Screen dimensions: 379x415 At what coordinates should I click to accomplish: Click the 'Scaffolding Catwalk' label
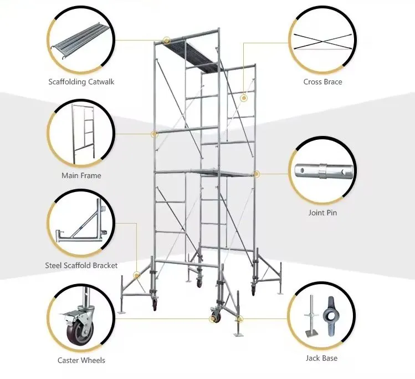(x=81, y=82)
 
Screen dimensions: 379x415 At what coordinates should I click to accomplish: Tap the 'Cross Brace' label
(x=322, y=82)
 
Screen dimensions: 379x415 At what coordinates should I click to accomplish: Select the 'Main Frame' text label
(x=81, y=175)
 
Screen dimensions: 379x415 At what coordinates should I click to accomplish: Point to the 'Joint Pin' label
(x=322, y=213)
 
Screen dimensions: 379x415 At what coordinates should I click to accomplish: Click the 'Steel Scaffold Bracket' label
(x=81, y=265)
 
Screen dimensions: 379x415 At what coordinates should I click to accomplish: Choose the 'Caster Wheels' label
(x=81, y=360)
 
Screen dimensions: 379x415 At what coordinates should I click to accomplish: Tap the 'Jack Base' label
(x=321, y=358)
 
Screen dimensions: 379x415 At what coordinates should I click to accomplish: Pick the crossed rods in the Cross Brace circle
(x=322, y=42)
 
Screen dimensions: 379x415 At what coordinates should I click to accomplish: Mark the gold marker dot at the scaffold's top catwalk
(x=166, y=40)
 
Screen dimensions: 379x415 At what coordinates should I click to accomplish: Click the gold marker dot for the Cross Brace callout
(x=243, y=98)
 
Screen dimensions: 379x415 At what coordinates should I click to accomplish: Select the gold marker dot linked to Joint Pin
(x=257, y=174)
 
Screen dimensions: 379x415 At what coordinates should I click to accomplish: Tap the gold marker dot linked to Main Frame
(x=155, y=134)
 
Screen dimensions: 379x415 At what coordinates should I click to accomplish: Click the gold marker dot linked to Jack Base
(x=239, y=319)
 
